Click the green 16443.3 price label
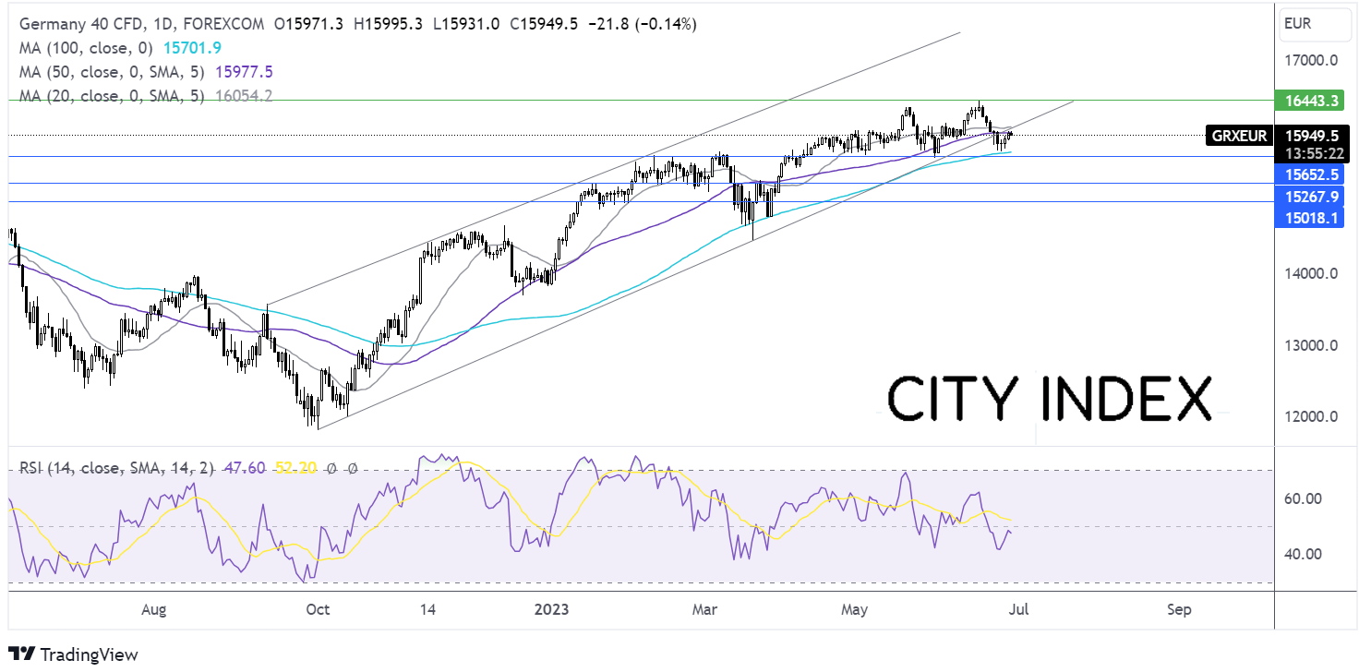[x=1309, y=101]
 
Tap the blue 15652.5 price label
[x=1309, y=174]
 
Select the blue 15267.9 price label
[x=1309, y=197]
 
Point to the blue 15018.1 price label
[x=1309, y=218]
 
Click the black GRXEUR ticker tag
[x=1239, y=136]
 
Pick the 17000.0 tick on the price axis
[x=1311, y=60]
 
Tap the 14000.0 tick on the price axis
[x=1311, y=273]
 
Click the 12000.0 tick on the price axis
[x=1311, y=416]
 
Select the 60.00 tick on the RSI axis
[x=1303, y=498]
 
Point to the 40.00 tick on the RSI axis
[x=1303, y=554]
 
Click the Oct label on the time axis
[x=318, y=609]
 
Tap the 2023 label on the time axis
[x=551, y=609]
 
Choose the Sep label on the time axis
[x=1179, y=609]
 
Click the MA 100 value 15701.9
[x=192, y=48]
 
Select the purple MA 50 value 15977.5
[x=244, y=72]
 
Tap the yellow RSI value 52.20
[x=295, y=468]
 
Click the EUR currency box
[x=1315, y=25]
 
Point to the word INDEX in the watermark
[x=1125, y=399]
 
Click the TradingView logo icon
[x=21, y=654]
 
